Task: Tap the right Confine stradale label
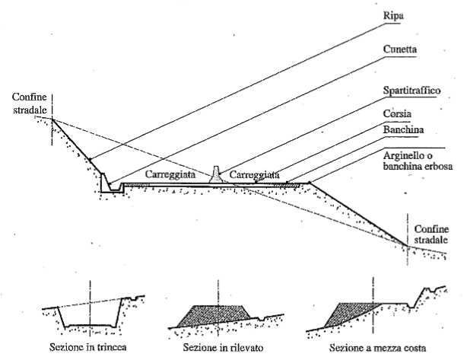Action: click(435, 231)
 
